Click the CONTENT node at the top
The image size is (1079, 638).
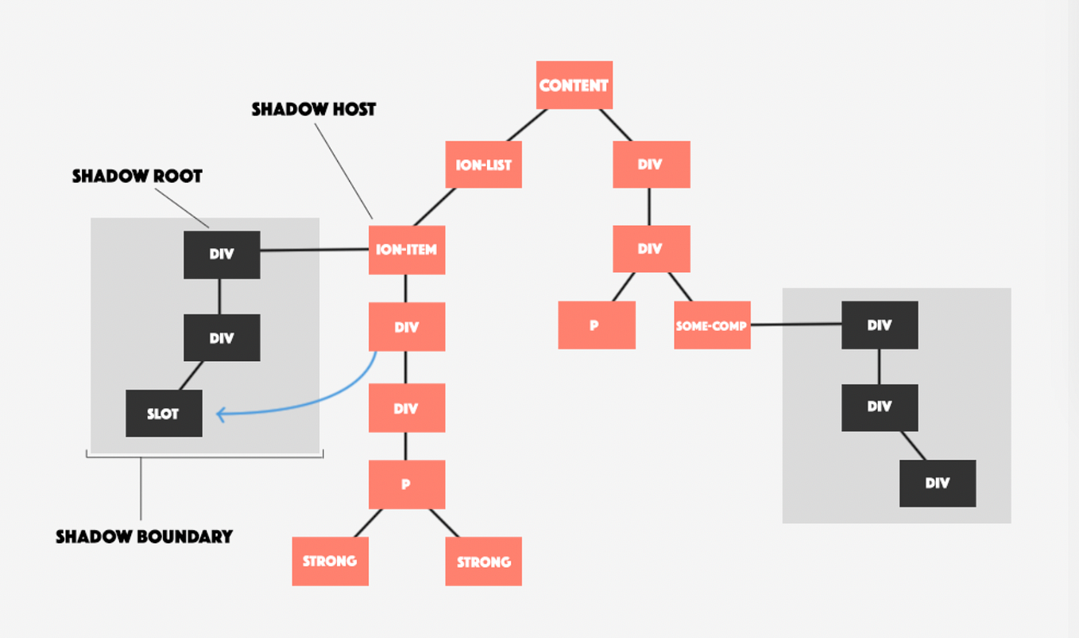point(574,85)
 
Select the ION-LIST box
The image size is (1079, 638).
point(483,165)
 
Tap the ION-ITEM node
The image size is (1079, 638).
point(406,250)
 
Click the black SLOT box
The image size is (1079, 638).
point(164,414)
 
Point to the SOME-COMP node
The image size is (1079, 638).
point(712,325)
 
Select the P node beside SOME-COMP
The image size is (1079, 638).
point(596,325)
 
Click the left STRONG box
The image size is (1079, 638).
point(330,562)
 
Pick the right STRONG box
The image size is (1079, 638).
point(483,562)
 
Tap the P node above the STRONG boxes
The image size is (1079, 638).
point(406,484)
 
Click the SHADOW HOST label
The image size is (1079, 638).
point(314,110)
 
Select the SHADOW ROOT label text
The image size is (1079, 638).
point(137,176)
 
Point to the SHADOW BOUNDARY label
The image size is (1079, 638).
point(144,537)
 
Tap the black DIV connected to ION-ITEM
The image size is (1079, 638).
point(222,255)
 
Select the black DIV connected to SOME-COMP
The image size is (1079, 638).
point(880,325)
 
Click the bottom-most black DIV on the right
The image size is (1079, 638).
point(938,483)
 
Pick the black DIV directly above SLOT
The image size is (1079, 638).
point(222,338)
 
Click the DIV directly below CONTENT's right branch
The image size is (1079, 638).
point(651,165)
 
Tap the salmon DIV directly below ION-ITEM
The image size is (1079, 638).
point(406,327)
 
